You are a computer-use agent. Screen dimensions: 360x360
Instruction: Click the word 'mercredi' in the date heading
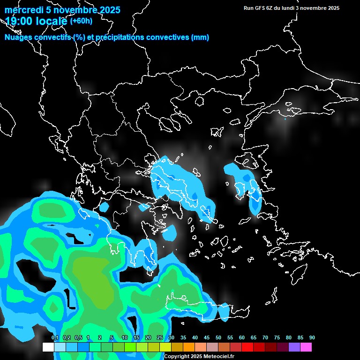click(23, 10)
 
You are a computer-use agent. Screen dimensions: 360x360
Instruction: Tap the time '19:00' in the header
click(19, 21)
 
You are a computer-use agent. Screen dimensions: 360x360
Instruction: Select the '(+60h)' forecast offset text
click(81, 21)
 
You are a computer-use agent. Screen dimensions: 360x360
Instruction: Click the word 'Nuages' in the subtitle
click(19, 37)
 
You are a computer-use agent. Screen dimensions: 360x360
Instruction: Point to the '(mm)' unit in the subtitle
click(200, 37)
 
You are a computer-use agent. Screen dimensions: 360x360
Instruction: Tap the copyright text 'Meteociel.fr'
click(215, 356)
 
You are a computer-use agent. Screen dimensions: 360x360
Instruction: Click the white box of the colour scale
click(48, 347)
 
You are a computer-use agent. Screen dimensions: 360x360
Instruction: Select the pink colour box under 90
click(306, 347)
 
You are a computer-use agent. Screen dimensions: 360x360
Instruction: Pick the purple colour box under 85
click(294, 347)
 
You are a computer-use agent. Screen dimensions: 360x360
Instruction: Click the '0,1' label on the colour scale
click(55, 338)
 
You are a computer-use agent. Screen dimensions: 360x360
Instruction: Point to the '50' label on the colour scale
click(218, 338)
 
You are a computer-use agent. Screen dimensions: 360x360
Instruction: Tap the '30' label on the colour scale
click(172, 338)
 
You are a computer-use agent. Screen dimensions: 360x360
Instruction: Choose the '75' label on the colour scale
click(277, 338)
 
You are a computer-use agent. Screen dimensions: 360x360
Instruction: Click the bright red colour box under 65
click(247, 347)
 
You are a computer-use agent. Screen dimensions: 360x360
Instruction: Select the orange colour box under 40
click(189, 347)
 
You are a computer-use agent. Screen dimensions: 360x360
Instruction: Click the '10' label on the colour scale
click(125, 338)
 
